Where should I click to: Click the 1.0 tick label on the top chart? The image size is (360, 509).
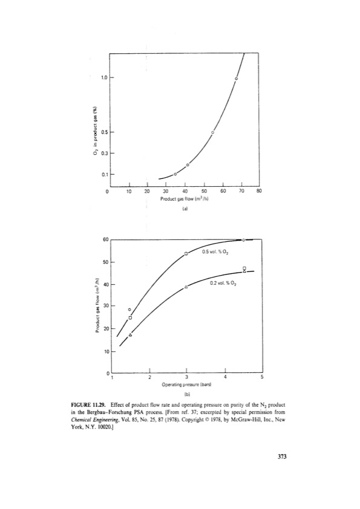coord(104,78)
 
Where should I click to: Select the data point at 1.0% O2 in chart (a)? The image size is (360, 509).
coord(236,79)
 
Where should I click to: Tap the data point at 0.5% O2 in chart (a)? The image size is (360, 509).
coord(212,132)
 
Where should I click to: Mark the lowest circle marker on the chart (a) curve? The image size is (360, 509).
coord(175,174)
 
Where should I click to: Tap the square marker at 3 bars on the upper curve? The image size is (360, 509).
coord(186,253)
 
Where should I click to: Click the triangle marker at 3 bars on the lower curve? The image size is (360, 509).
coord(186,287)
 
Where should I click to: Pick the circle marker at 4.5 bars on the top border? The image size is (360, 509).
coord(243,240)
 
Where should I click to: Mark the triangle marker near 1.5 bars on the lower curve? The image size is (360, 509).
coord(130,334)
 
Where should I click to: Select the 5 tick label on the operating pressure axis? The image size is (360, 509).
coord(261,377)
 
